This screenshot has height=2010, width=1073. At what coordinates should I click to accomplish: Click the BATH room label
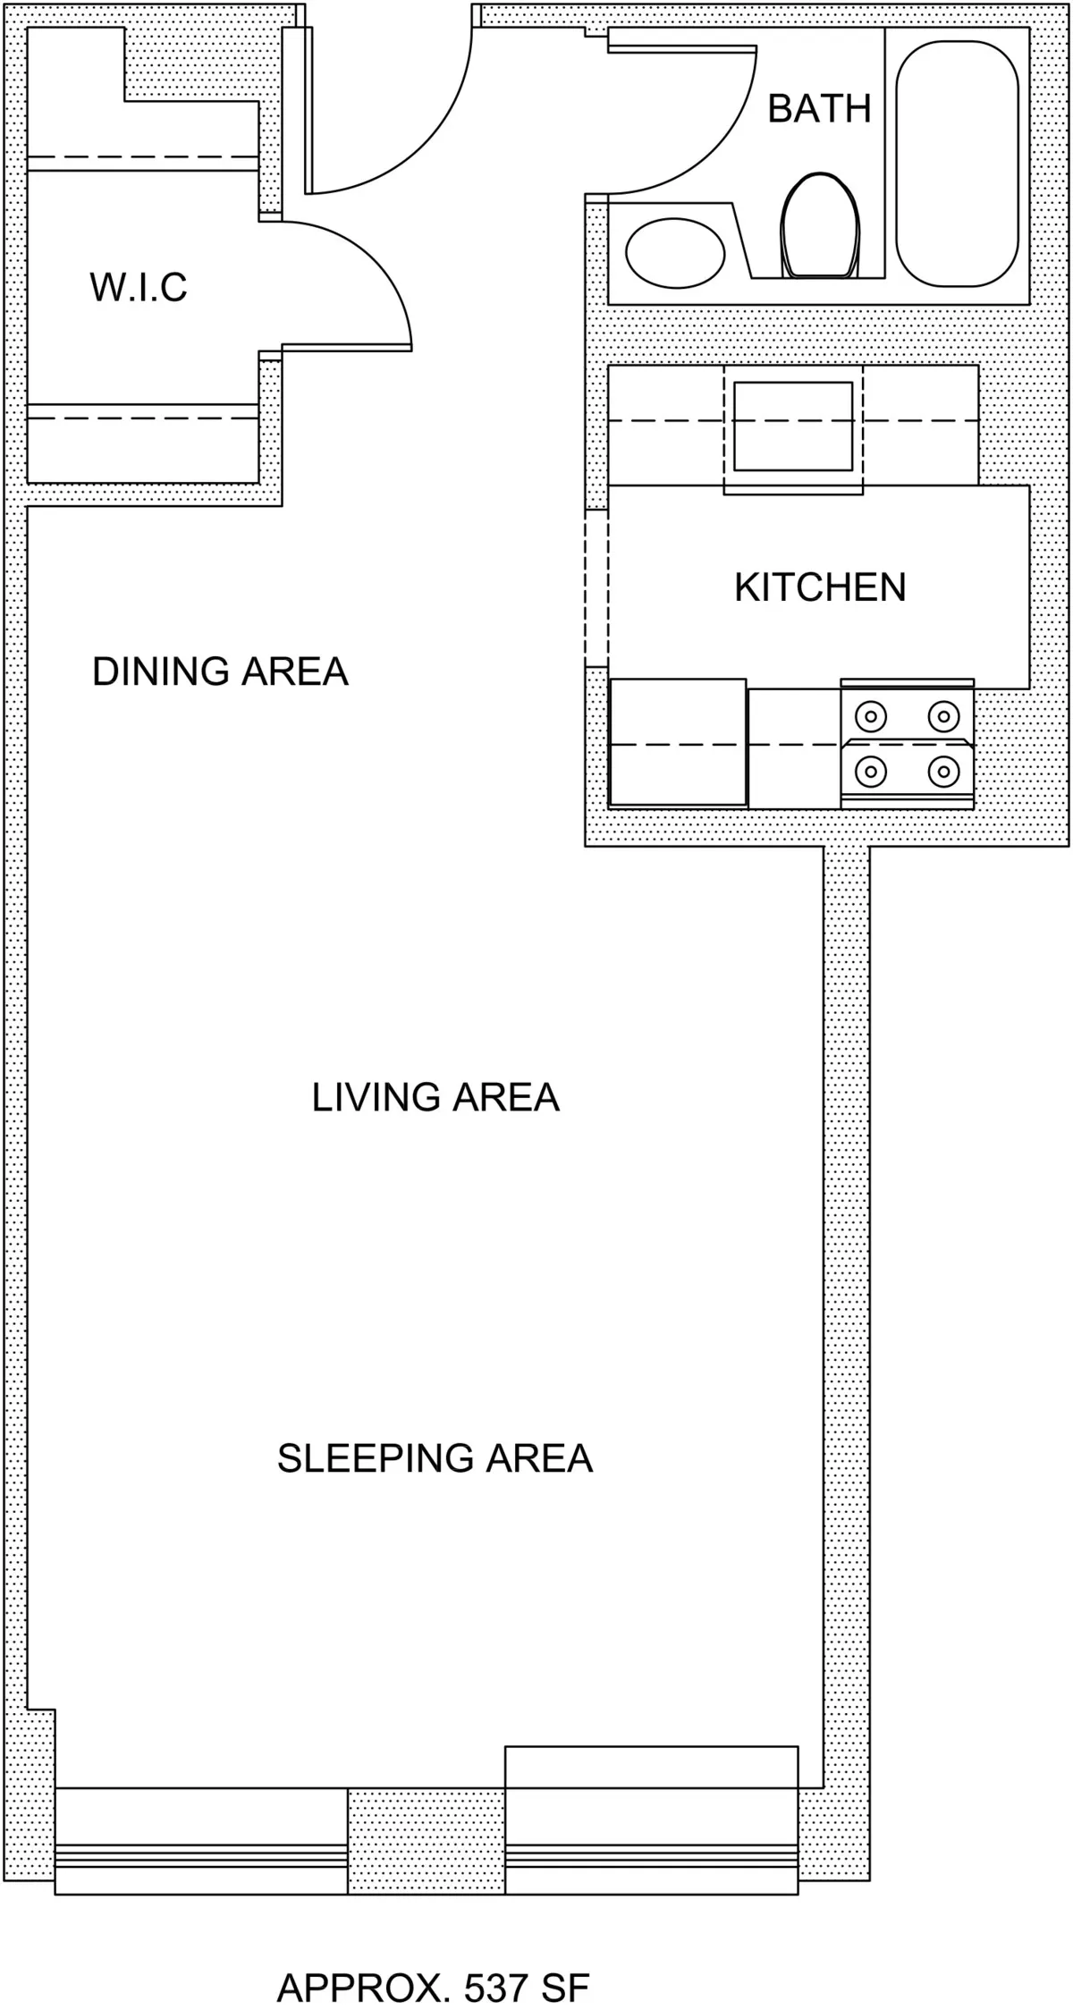tap(819, 109)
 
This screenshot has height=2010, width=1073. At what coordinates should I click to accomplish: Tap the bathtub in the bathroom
tap(957, 156)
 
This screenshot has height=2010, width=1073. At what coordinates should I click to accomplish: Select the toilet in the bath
tap(820, 225)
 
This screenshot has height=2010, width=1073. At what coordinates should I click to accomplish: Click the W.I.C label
tap(139, 288)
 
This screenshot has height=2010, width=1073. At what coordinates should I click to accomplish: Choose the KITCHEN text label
tap(820, 587)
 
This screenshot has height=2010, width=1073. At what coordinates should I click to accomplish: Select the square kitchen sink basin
tap(793, 426)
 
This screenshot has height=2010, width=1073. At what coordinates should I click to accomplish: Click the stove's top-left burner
tap(870, 715)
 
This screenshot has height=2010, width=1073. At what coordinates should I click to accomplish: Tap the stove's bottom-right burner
tap(943, 770)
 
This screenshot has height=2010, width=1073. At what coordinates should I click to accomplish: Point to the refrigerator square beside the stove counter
tap(677, 742)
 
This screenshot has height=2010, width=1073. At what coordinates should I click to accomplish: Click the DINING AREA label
tap(220, 671)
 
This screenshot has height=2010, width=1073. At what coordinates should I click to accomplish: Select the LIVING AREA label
tap(435, 1097)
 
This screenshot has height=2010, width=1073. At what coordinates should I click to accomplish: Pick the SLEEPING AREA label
tap(435, 1457)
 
